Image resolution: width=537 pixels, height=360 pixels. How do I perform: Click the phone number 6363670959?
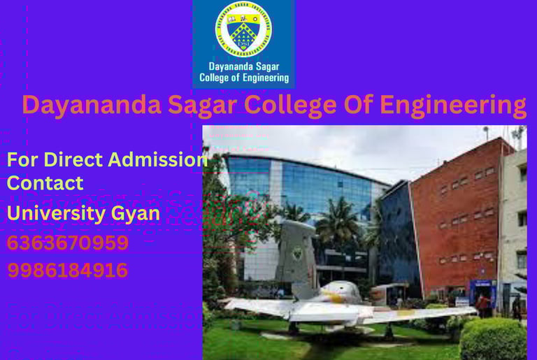68,243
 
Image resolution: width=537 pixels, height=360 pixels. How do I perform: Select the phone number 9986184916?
68,270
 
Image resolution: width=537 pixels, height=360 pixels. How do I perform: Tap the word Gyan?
137,213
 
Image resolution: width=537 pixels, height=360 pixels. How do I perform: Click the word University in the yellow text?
55,213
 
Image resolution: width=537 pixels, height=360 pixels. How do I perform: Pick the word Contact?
45,183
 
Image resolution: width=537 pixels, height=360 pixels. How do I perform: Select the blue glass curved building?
301,189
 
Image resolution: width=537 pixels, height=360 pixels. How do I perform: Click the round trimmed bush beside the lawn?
492,338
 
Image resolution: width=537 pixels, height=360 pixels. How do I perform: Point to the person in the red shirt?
483,303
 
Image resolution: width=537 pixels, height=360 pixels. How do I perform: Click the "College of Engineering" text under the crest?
244,78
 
